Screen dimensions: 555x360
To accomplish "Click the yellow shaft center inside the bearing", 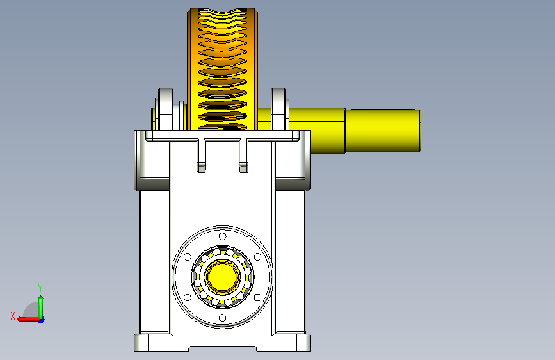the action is point(223,277).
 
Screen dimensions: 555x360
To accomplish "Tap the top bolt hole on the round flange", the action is point(223,236).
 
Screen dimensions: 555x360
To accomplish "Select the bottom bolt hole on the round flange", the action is point(223,318).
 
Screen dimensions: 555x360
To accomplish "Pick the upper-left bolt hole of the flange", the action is point(188,256).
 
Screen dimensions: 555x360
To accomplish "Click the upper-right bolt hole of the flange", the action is point(258,256).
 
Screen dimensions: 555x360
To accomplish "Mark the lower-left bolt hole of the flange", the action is point(188,297).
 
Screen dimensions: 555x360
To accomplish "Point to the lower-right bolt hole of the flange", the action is point(258,297).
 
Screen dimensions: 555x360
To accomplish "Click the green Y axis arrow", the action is point(41,307).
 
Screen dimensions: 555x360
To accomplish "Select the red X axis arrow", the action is point(28,319).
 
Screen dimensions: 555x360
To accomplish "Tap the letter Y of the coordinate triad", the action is point(40,288).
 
